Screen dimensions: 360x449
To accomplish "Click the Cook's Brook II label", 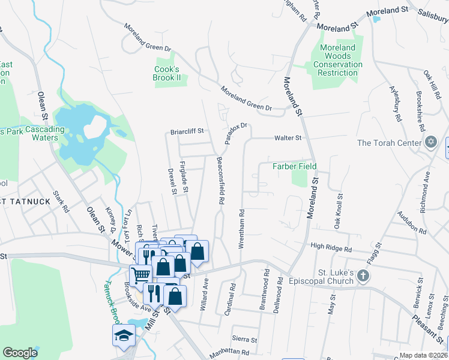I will (x=167, y=74).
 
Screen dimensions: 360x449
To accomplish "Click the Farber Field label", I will (x=295, y=166).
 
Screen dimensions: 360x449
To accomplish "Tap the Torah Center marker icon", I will (x=430, y=142).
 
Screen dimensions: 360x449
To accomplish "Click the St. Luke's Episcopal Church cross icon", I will (x=363, y=275).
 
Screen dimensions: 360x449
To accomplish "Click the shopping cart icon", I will (x=140, y=275).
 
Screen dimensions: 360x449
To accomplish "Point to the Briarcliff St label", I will (x=188, y=131).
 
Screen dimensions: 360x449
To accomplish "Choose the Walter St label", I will (x=288, y=138).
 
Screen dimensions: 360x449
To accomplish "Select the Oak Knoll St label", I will (x=340, y=210).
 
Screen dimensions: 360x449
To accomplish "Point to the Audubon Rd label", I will (x=412, y=223).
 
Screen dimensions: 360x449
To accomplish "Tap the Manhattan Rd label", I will (x=229, y=353).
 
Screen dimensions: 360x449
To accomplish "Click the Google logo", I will (x=20, y=353).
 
